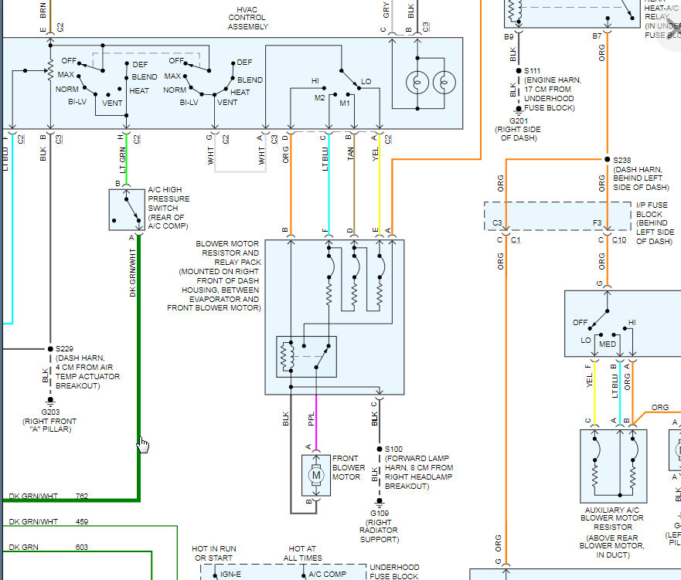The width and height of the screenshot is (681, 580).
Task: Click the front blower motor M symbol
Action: coord(316,475)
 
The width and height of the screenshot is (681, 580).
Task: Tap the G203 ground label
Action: coord(50,412)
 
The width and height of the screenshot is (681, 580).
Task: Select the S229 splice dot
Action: coord(50,349)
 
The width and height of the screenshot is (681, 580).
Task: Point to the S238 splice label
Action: coord(622,160)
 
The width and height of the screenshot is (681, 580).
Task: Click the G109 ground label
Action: coord(380,513)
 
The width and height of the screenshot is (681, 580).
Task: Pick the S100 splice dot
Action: coord(380,449)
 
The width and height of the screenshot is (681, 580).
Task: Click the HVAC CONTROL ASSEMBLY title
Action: coord(247,18)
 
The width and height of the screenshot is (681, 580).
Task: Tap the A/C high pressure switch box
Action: coord(127,209)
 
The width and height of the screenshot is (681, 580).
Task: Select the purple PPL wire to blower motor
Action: coord(316,422)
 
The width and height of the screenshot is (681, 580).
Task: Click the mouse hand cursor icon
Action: coord(143,445)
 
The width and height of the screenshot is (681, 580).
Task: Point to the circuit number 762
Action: coord(82,497)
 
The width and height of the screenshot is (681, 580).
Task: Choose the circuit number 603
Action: coord(82,547)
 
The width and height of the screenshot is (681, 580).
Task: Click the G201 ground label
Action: coord(519,120)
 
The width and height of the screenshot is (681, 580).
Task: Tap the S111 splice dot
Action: coord(519,70)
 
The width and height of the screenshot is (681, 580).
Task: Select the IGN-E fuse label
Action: coord(230,575)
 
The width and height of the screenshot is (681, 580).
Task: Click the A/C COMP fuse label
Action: coord(328,575)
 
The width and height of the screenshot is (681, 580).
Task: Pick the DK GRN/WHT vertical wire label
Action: coord(132,273)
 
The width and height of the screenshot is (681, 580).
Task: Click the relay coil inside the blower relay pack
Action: coord(288,357)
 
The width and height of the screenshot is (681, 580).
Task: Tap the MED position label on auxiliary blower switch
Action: coord(608,344)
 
